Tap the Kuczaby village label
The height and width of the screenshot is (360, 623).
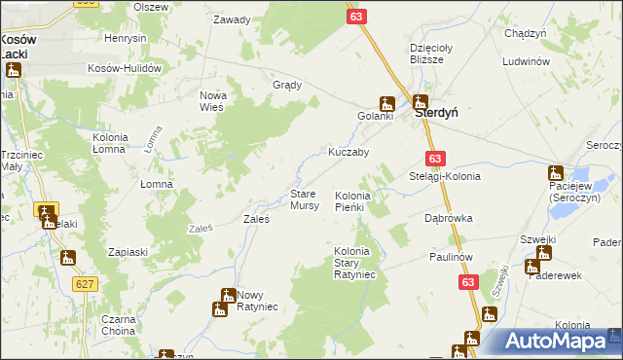point(348,153)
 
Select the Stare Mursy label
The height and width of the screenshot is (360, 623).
point(305,200)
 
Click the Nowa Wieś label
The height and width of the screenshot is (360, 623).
point(212,100)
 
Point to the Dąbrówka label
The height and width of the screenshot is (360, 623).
point(448,219)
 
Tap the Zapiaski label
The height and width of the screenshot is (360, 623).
point(128,252)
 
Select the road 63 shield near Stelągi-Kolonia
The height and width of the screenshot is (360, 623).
point(434,159)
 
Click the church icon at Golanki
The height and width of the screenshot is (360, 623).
point(386,103)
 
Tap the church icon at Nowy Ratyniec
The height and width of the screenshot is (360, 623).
point(219,308)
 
